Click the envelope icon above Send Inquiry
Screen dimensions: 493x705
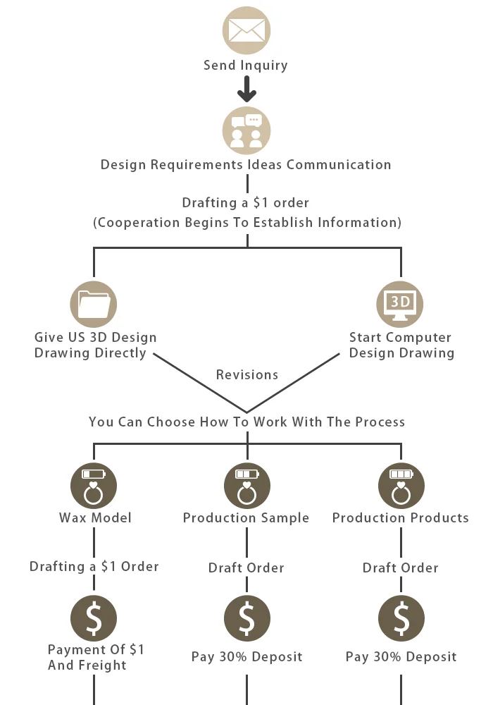point(246,30)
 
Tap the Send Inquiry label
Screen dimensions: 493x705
point(246,66)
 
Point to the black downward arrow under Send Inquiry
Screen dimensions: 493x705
point(246,89)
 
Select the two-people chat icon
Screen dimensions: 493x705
point(246,131)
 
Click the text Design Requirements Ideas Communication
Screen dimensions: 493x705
point(246,164)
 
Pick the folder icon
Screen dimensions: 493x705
point(94,305)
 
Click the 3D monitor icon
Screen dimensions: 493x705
point(399,305)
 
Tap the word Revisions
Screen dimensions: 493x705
point(247,374)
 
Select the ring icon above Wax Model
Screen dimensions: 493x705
point(94,486)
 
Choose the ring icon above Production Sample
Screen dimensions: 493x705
point(247,486)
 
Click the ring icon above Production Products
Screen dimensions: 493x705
point(401,486)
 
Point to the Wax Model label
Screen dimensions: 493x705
point(95,517)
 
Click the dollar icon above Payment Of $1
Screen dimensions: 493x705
point(94,618)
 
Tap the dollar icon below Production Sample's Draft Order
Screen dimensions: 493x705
point(247,618)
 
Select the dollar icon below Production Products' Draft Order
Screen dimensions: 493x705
point(401,618)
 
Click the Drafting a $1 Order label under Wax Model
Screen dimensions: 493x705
point(94,567)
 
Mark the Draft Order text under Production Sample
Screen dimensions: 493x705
point(246,568)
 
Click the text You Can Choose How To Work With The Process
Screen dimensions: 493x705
point(246,422)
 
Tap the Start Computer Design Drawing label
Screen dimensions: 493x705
point(401,345)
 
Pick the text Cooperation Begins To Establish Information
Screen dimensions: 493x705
point(247,222)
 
